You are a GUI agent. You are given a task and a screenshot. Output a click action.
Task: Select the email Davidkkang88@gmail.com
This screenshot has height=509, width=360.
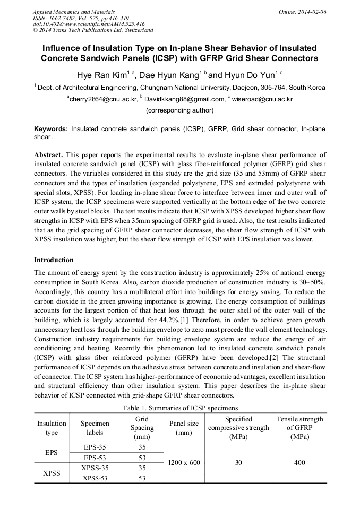(x=183, y=99)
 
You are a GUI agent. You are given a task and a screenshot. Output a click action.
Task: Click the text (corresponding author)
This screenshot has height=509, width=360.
(x=179, y=110)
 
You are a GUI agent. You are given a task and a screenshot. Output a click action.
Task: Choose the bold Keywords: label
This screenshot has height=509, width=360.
(x=51, y=129)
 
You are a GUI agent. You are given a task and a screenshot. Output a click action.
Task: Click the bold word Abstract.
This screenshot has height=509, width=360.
(x=48, y=154)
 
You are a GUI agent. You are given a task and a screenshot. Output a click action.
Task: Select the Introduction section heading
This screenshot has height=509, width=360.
(x=54, y=260)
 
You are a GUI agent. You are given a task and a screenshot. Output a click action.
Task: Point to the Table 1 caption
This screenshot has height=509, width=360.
(x=180, y=408)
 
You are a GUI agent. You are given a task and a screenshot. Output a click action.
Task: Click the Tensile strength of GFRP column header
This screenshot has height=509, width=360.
(x=299, y=428)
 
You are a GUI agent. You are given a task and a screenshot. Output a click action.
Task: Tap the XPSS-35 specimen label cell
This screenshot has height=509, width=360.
(x=95, y=468)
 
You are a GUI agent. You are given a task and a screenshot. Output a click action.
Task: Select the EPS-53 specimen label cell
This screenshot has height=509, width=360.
(x=95, y=457)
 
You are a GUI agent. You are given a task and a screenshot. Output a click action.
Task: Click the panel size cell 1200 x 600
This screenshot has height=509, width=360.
(x=184, y=462)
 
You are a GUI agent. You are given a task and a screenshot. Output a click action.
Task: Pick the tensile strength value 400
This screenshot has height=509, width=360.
(x=299, y=462)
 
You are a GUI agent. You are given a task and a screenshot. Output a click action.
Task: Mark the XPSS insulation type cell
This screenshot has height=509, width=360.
(x=52, y=472)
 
